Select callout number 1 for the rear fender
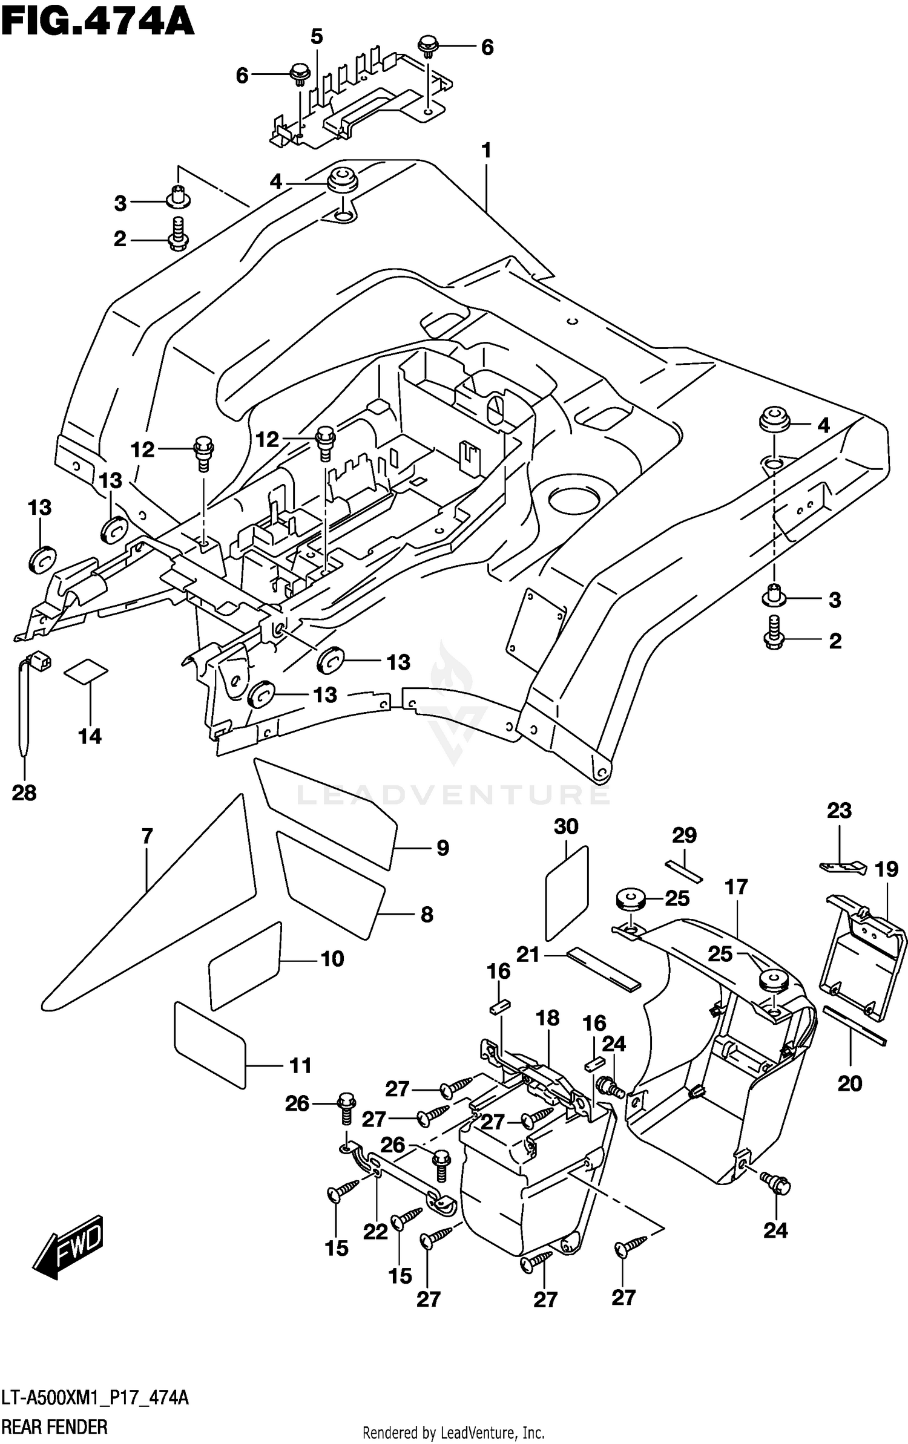[x=486, y=151]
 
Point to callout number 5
[x=317, y=37]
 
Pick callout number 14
[x=90, y=736]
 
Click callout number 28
[x=24, y=792]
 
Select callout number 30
[x=566, y=826]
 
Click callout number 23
[x=839, y=810]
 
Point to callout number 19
[x=886, y=870]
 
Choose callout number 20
[x=850, y=1083]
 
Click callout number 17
[x=737, y=887]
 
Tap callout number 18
[x=548, y=1018]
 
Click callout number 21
[x=528, y=955]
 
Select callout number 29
[x=685, y=835]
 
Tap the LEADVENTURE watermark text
[x=453, y=794]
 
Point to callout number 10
[x=332, y=959]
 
